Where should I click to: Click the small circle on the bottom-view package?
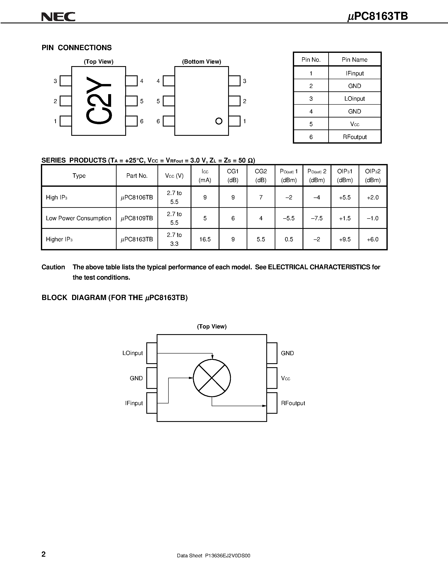coord(219,121)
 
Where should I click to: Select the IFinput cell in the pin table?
coord(355,73)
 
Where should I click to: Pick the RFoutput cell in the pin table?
coord(355,137)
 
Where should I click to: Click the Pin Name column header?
coord(355,60)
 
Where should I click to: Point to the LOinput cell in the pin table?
coord(355,99)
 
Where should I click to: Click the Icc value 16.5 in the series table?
coord(205,239)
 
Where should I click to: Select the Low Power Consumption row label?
coord(79,218)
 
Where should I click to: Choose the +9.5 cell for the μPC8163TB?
coord(345,239)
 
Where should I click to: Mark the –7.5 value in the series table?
coord(317,218)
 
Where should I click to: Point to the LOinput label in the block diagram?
coord(132,353)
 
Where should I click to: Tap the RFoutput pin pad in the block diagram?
coord(272,403)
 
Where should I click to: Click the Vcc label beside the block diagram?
coord(286,378)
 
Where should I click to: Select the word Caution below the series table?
coord(53,267)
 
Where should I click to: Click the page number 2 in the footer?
coord(43,554)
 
